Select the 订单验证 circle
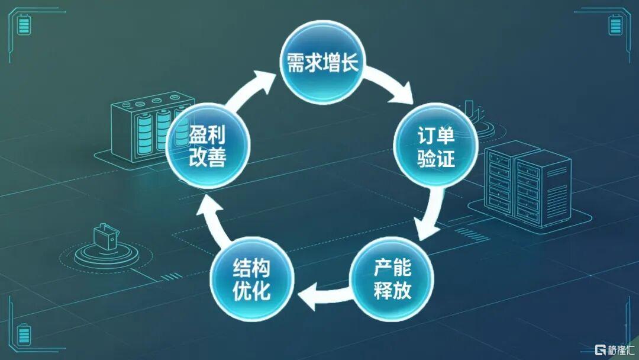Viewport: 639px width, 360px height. pos(435,146)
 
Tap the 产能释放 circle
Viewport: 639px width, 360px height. pos(392,278)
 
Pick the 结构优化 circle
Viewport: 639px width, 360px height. pos(252,278)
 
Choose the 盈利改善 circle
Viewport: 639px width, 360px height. pos(208,146)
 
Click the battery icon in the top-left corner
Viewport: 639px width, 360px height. pos(24,24)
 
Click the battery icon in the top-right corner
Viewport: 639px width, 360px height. pos(615,24)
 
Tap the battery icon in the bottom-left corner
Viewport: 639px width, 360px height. pos(24,335)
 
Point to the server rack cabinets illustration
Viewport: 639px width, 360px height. pos(528,184)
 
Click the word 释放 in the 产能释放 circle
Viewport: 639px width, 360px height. pos(392,290)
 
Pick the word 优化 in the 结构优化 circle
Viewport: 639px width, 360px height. pos(251,290)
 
